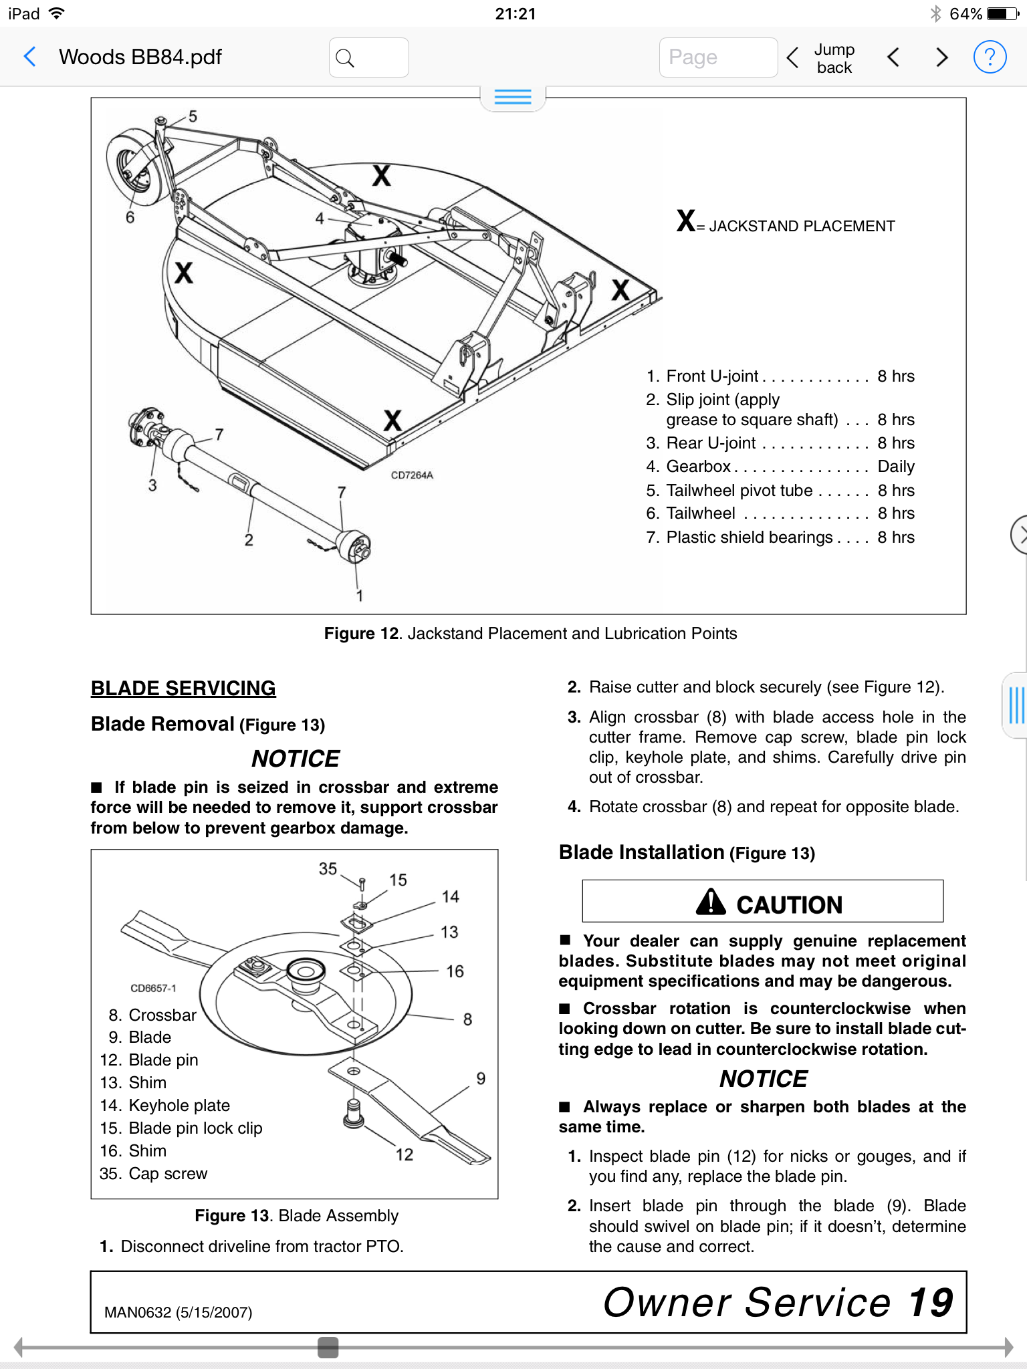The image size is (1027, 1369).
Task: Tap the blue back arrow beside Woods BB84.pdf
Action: click(x=29, y=57)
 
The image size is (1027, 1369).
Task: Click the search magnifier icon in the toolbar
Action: click(x=345, y=58)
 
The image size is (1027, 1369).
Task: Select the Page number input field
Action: click(x=718, y=57)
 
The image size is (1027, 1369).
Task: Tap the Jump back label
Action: click(x=834, y=58)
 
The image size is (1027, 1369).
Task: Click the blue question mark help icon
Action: click(x=990, y=57)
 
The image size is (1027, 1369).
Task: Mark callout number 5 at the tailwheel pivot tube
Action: click(x=193, y=116)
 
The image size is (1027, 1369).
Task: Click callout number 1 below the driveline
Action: click(x=360, y=595)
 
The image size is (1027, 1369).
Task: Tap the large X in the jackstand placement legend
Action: click(x=686, y=221)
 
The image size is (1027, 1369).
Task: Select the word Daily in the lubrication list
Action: click(x=896, y=467)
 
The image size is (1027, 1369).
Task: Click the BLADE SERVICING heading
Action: click(x=183, y=689)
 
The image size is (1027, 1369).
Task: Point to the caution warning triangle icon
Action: click(x=711, y=902)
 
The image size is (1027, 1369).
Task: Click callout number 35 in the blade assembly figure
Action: click(x=328, y=868)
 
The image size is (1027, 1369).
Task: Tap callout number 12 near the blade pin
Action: click(x=405, y=1154)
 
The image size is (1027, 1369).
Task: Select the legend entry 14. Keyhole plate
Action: click(x=165, y=1106)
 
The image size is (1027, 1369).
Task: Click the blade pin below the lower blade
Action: click(x=353, y=1114)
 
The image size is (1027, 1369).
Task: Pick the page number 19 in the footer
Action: click(x=930, y=1302)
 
